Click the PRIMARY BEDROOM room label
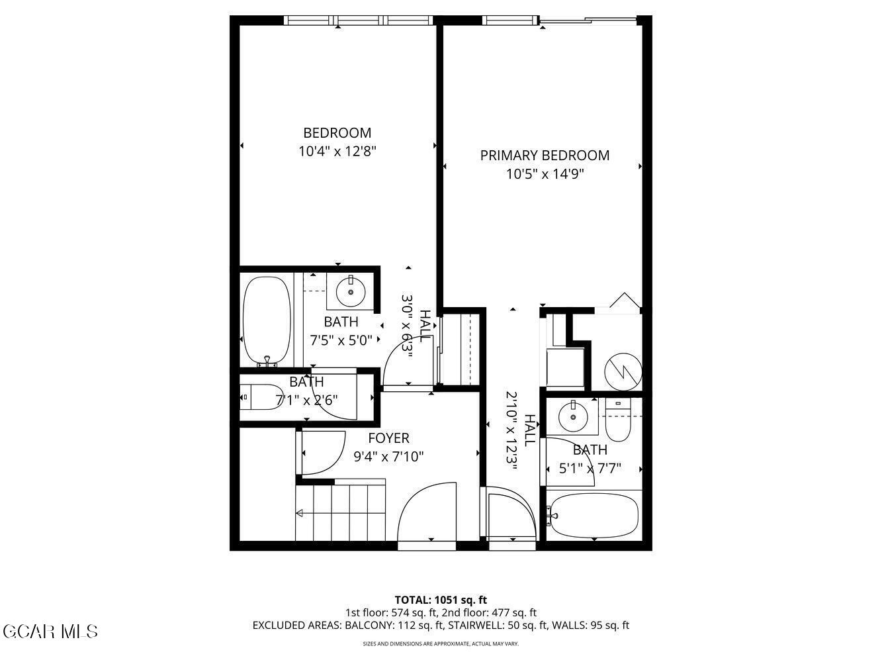(x=545, y=156)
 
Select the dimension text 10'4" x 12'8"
(x=337, y=152)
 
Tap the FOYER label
(x=388, y=438)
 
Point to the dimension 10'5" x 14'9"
(x=545, y=175)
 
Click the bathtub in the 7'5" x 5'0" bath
(x=266, y=320)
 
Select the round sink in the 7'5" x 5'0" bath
(x=351, y=290)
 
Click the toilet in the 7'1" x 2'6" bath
(x=260, y=397)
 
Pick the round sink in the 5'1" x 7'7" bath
(x=571, y=417)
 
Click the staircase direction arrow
(x=300, y=513)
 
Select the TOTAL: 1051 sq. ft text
(x=441, y=600)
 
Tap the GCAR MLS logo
(x=50, y=631)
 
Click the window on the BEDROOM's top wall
(x=359, y=21)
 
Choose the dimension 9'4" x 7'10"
(x=388, y=457)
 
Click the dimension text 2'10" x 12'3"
(x=511, y=430)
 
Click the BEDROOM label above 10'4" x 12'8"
(x=337, y=133)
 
